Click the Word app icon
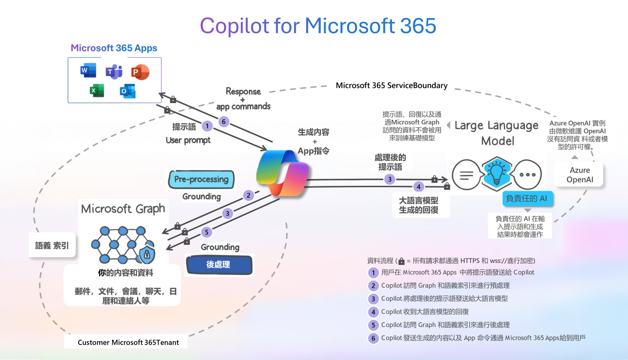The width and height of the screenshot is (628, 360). [x=88, y=70]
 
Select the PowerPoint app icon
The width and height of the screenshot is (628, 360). [x=140, y=72]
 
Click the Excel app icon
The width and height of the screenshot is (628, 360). [x=97, y=91]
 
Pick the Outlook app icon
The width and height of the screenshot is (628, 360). [x=128, y=91]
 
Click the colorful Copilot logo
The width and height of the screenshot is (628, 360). [x=282, y=173]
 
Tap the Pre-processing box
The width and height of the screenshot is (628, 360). [x=201, y=179]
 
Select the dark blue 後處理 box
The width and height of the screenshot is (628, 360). [x=219, y=264]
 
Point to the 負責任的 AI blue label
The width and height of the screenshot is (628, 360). [x=527, y=198]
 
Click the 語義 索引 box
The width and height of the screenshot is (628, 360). [x=52, y=245]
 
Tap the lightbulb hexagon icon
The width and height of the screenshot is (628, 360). [x=497, y=173]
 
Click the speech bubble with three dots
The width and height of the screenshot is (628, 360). [x=527, y=175]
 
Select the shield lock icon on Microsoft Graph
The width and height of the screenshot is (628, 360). [x=147, y=254]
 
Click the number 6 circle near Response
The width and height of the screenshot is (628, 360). [x=224, y=122]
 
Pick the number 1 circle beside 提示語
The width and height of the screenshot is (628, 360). [x=207, y=126]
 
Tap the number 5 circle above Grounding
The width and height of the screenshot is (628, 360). [x=206, y=232]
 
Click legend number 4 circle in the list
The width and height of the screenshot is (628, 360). [x=373, y=312]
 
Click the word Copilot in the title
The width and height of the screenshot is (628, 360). [x=234, y=26]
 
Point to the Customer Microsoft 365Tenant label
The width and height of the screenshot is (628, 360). [x=128, y=342]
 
